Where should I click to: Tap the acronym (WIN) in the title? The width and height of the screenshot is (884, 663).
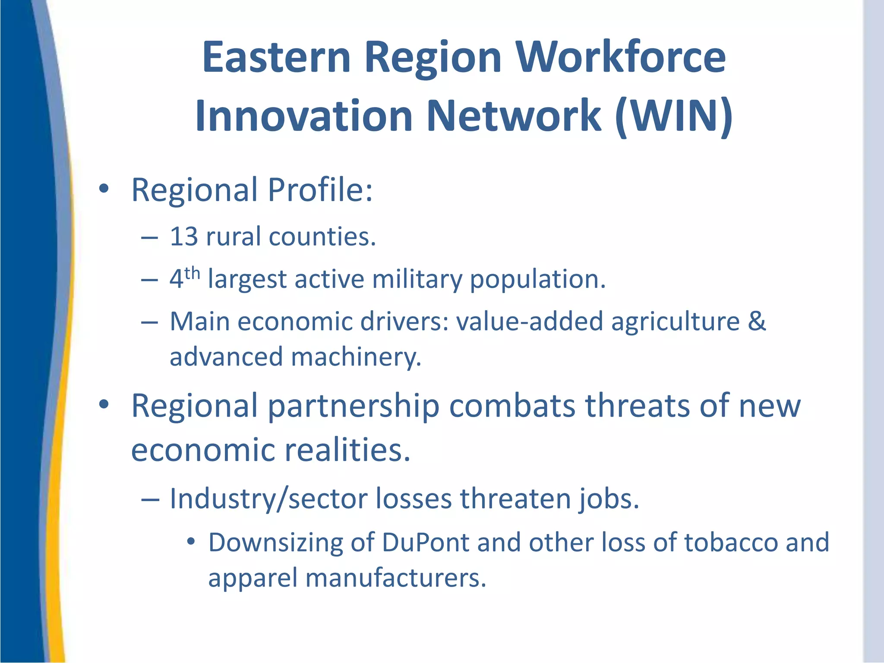pyautogui.click(x=674, y=116)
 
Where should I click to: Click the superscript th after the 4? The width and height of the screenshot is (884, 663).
pyautogui.click(x=192, y=273)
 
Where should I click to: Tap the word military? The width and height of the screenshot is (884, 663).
pyautogui.click(x=417, y=279)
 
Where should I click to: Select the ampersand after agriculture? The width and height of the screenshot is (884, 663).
pyautogui.click(x=756, y=322)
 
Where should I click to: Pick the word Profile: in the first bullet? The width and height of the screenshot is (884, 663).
pyautogui.click(x=320, y=190)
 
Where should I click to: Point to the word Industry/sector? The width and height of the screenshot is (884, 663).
pyautogui.click(x=268, y=499)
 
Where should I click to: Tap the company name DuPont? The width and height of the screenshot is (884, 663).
pyautogui.click(x=425, y=543)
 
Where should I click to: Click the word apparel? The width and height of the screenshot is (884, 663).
pyautogui.click(x=253, y=578)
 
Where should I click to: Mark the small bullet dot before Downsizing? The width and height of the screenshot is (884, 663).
pyautogui.click(x=191, y=541)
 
